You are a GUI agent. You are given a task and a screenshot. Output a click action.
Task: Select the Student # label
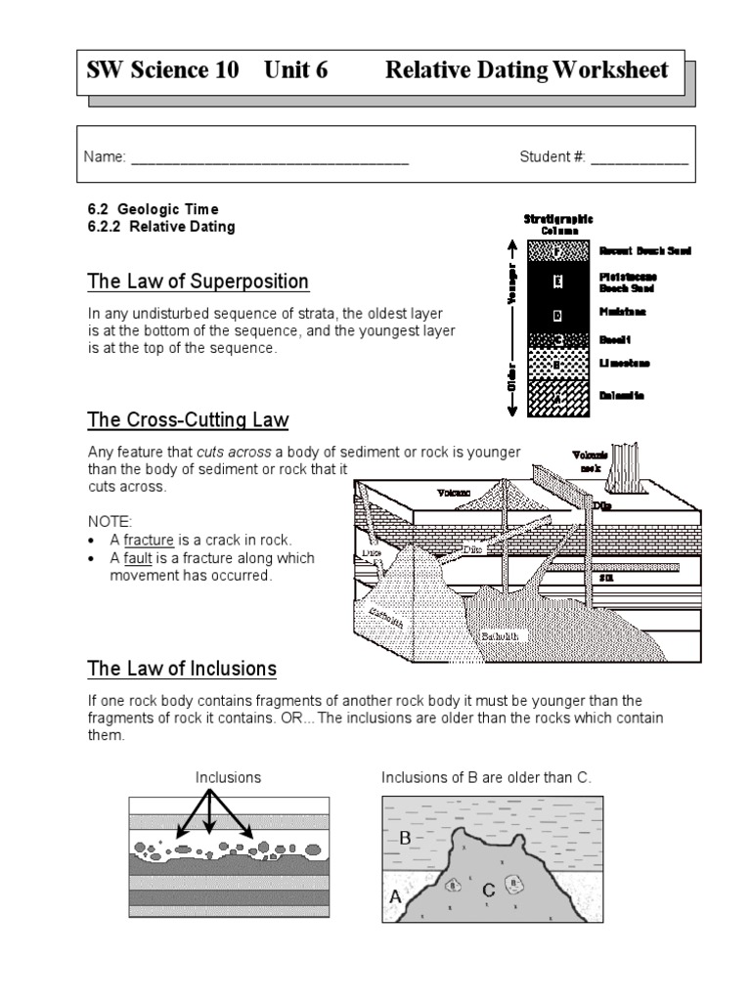coord(552,157)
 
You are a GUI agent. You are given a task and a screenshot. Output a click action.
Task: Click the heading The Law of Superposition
coord(198,283)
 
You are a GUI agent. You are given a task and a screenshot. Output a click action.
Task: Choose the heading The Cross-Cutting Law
coord(188,420)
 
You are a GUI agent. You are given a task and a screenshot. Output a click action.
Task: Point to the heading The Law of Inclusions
coord(182,669)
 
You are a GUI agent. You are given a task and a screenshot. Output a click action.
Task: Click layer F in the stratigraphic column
coord(557,251)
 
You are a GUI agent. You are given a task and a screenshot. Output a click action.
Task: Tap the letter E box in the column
coord(557,283)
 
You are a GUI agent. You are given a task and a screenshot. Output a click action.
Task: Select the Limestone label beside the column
coord(624,364)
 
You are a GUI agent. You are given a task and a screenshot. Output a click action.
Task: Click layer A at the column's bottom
coord(557,398)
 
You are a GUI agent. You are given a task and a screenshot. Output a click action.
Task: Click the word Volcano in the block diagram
coord(455,492)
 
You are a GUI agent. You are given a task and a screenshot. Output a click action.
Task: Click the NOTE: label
coord(109,521)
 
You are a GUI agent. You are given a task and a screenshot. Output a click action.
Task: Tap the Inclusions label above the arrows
coord(228,777)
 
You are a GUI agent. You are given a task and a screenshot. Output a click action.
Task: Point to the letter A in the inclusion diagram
coord(394,895)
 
